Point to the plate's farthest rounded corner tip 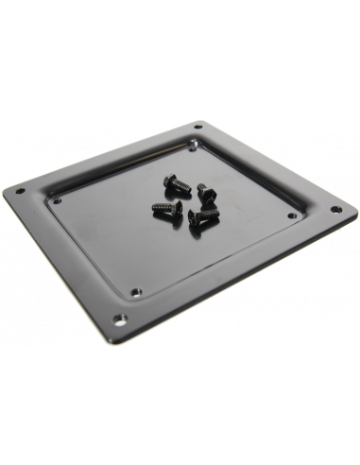pyautogui.click(x=200, y=118)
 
